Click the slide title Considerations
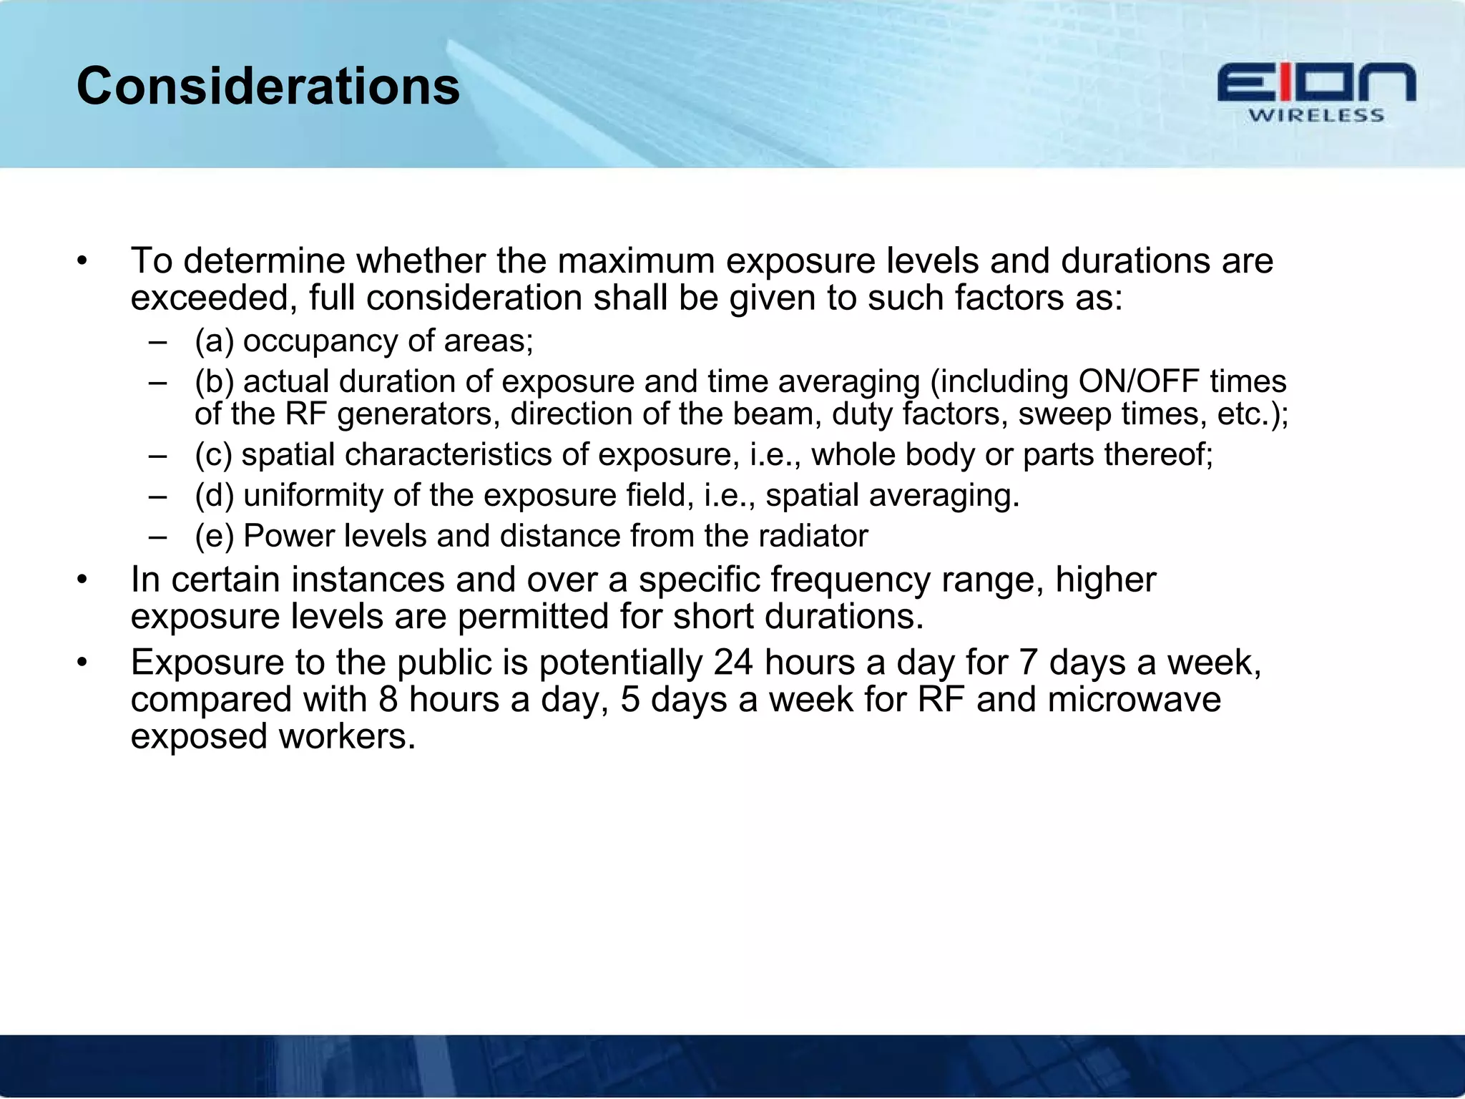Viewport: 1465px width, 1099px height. (x=268, y=87)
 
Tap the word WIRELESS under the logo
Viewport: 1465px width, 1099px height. (x=1316, y=116)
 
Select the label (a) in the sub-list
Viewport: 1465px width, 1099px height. (x=215, y=341)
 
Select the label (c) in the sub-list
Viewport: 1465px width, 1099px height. (x=214, y=455)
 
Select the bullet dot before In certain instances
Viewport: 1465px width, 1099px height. (x=82, y=580)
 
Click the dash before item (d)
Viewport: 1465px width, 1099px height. (x=158, y=496)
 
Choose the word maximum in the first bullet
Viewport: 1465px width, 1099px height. (x=636, y=261)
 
